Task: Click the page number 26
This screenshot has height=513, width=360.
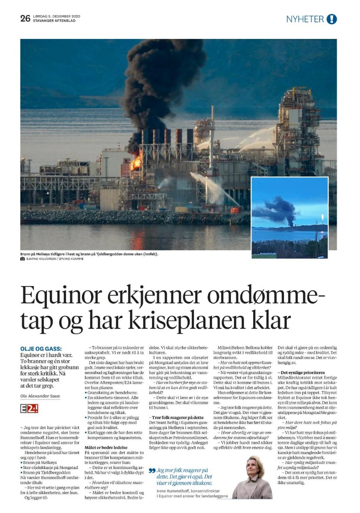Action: (x=25, y=18)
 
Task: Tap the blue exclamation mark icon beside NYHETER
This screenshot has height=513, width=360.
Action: (x=332, y=19)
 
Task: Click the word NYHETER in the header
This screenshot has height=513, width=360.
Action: (x=305, y=19)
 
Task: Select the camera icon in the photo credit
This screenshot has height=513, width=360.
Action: (x=22, y=259)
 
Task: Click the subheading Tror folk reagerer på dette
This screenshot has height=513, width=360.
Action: (x=176, y=417)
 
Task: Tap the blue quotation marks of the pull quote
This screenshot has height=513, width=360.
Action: (x=152, y=470)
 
